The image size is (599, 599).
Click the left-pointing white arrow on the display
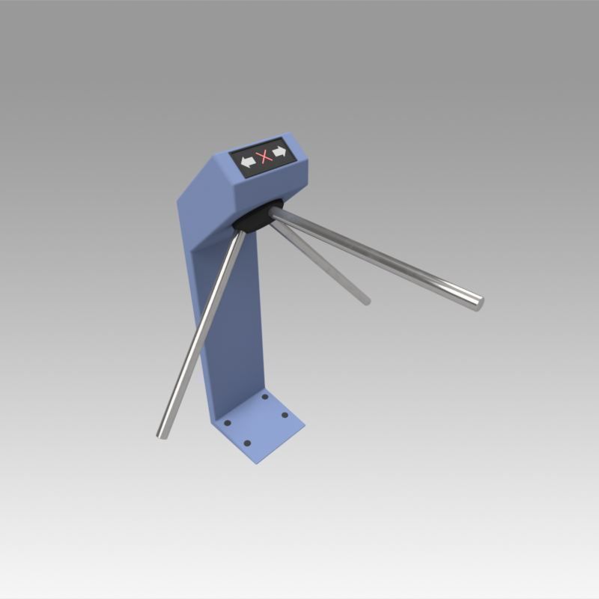(x=248, y=159)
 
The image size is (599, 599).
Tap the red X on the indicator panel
(x=263, y=156)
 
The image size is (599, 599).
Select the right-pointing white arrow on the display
(x=279, y=153)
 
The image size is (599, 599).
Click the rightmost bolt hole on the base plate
(x=285, y=416)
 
